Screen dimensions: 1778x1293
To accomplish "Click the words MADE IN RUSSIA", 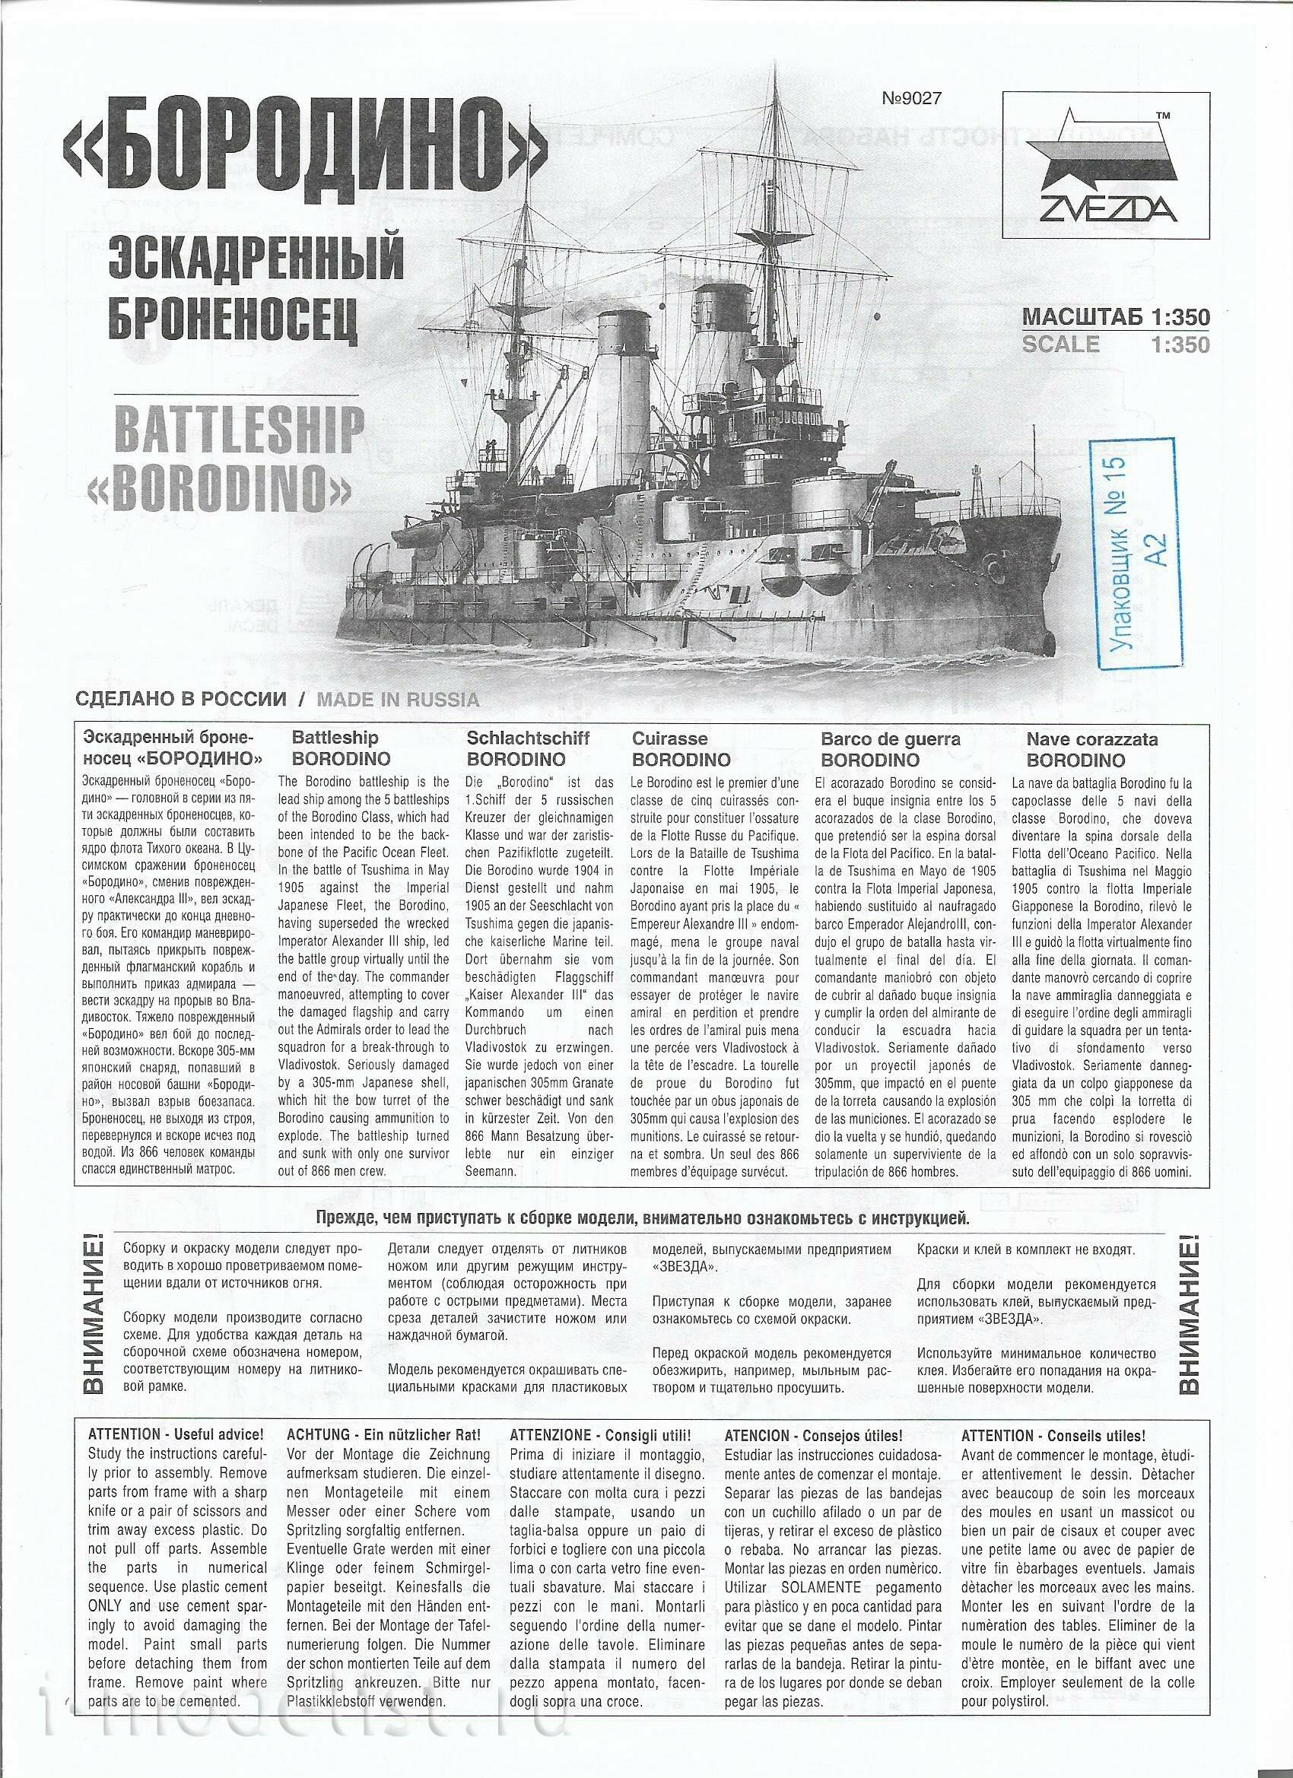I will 397,700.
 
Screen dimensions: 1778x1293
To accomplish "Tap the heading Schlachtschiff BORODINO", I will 528,748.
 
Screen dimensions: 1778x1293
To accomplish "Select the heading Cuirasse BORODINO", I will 681,748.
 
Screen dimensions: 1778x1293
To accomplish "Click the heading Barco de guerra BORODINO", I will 890,748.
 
